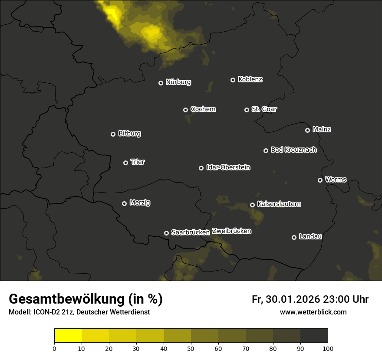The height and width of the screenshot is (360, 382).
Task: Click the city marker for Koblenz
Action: pos(233,80)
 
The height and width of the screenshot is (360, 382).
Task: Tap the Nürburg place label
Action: pos(178,82)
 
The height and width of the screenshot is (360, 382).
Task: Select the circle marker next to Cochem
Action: pos(185,110)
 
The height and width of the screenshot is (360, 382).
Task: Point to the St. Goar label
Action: pos(264,109)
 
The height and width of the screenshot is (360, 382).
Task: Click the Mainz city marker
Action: pos(307,130)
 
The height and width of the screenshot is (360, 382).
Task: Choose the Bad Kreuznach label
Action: pos(293,150)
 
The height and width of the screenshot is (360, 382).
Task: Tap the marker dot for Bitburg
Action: pos(113,134)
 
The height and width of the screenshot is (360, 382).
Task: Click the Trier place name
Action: pos(138,162)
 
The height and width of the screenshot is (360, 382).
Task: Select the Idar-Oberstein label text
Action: pos(228,167)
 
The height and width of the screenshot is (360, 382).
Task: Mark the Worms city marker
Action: pos(320,180)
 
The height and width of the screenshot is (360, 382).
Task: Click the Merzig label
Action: pos(140,203)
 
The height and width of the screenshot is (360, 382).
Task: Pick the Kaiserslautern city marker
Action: pos(252,205)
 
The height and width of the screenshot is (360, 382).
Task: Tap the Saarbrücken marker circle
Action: pos(166,233)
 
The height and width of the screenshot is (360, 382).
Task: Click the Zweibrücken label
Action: pos(231,231)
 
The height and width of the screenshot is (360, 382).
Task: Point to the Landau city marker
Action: pos(294,237)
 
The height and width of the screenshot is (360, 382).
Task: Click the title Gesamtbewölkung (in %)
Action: pos(86,299)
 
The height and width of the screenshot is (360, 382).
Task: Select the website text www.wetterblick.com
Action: pos(313,312)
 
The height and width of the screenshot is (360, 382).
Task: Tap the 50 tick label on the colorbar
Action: pos(191,348)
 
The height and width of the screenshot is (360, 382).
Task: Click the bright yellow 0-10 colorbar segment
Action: pos(68,336)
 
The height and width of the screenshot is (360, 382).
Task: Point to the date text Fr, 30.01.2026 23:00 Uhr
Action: pos(310,299)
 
